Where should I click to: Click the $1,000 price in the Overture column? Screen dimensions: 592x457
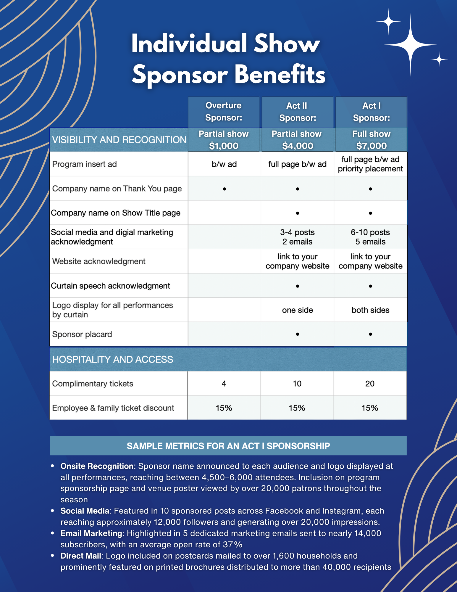tap(224, 146)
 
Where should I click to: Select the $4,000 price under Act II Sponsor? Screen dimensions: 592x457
tap(297, 146)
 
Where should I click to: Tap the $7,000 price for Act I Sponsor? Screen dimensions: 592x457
tap(371, 146)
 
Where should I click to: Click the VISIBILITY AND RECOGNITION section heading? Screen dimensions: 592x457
tap(119, 140)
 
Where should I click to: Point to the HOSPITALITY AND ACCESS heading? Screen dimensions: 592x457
tap(112, 359)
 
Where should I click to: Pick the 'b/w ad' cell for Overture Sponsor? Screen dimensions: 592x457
tap(224, 164)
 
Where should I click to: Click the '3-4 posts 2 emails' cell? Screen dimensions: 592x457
tap(297, 237)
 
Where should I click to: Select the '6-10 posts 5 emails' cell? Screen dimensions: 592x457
tap(370, 237)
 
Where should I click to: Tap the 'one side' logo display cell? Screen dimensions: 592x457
tap(297, 310)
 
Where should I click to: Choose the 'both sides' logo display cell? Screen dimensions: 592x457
tap(370, 310)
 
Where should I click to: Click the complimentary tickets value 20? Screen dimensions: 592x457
tap(370, 384)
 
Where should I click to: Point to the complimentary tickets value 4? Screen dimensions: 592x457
tap(224, 384)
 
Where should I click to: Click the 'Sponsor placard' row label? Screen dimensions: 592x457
tap(82, 334)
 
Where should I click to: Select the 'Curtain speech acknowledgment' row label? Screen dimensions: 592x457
tap(110, 286)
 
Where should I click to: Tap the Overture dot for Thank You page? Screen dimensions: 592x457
tap(225, 189)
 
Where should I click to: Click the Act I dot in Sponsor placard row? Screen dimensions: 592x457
tap(370, 334)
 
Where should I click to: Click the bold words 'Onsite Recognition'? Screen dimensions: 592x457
tap(97, 466)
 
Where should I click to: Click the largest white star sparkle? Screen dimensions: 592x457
tap(410, 45)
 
